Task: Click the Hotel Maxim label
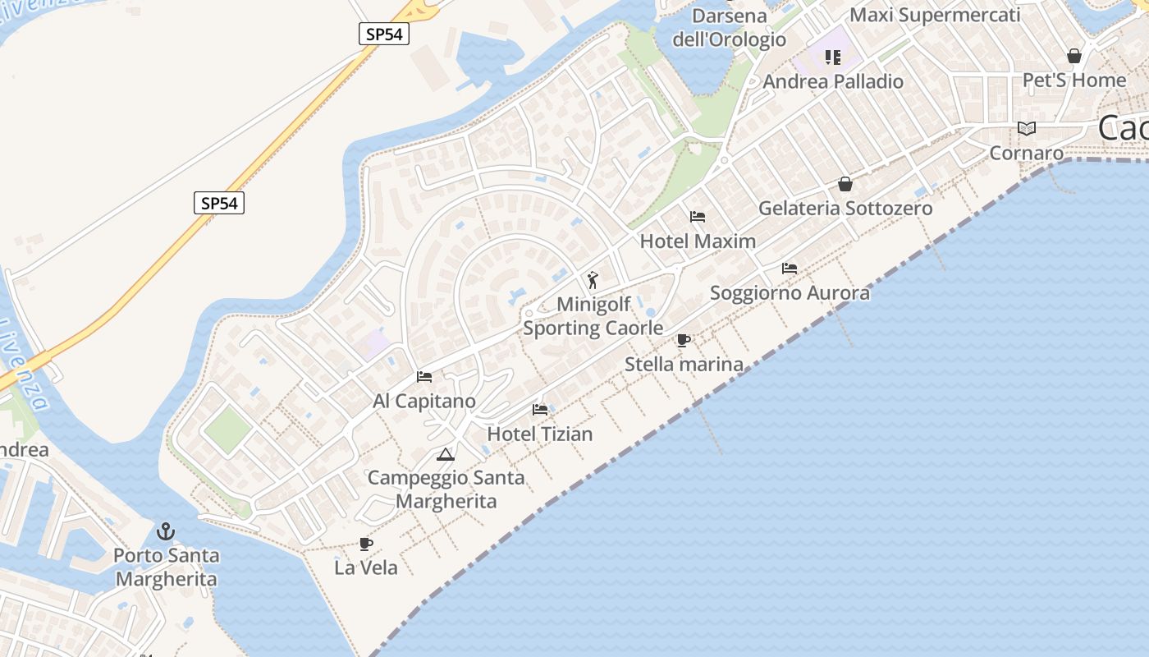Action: (698, 241)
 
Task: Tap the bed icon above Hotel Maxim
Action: (698, 217)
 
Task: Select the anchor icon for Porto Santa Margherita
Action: (166, 531)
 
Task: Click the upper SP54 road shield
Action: (384, 34)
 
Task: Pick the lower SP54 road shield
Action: (219, 203)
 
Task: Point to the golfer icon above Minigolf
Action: (593, 280)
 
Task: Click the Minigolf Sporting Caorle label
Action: (593, 316)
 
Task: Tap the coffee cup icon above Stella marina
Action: (684, 340)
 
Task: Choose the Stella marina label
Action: (684, 364)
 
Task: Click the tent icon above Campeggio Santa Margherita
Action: (446, 454)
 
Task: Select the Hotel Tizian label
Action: (540, 434)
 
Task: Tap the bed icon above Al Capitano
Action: (424, 377)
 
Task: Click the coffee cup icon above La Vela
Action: (366, 544)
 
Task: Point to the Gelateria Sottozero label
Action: (845, 209)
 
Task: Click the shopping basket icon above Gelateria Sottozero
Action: (845, 184)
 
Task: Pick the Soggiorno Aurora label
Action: (790, 293)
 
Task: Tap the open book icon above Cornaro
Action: (1026, 128)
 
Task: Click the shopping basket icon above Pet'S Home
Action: (1073, 56)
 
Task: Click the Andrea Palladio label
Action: (833, 81)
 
